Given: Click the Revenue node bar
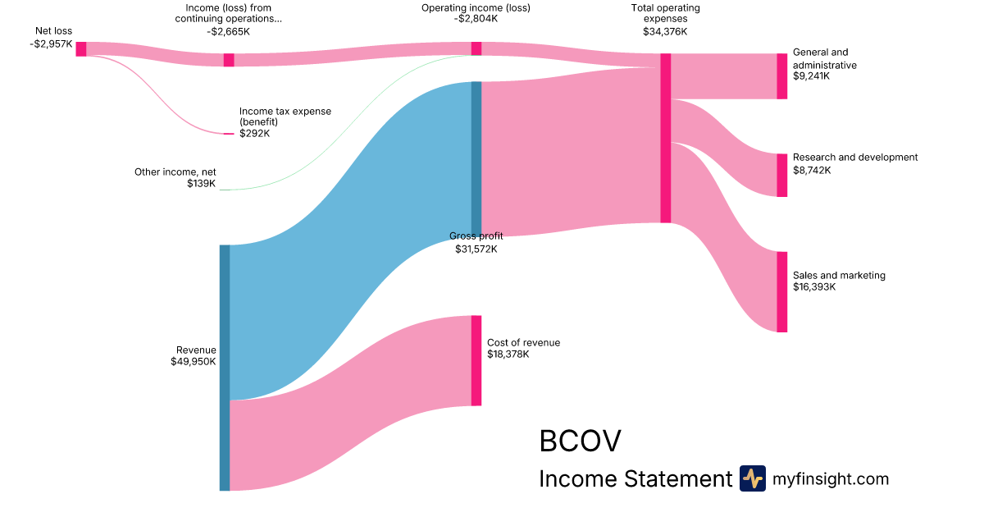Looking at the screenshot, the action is pos(224,367).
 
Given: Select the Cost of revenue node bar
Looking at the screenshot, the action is pos(476,360).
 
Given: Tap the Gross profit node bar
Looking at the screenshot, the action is pos(476,158).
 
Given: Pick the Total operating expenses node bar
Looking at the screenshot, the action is pos(665,138).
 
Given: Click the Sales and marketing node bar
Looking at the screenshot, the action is pos(781,291).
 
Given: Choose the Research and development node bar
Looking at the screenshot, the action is pos(781,175).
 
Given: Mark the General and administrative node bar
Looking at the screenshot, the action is pos(781,75).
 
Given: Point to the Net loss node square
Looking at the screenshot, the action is pos(81,48).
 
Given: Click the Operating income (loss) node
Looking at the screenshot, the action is pos(476,48).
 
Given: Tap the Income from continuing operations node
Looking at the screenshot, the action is pos(229,59).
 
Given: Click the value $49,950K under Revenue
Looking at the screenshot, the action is pos(194,361).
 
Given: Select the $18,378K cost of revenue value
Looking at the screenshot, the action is pos(508,355).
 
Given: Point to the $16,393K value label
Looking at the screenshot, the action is pos(812,287).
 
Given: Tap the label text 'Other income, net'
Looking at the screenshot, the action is pos(175,172).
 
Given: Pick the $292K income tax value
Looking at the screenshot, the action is pos(254,133).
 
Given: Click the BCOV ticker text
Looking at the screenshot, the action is pos(580,441).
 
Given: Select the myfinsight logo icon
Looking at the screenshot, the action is pos(752,478).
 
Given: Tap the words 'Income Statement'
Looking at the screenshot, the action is pos(635,478).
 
